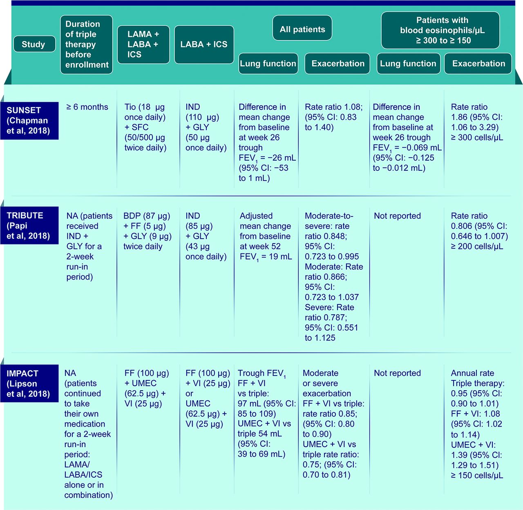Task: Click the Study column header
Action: pyautogui.click(x=34, y=44)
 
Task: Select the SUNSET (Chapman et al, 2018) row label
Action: pyautogui.click(x=29, y=121)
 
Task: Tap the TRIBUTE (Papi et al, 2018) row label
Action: pyautogui.click(x=29, y=225)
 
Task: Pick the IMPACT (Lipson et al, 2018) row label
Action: pyautogui.click(x=29, y=383)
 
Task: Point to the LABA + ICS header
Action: pyautogui.click(x=204, y=45)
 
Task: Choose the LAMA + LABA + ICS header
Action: pyautogui.click(x=143, y=45)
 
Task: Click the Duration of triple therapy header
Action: pyautogui.click(x=86, y=45)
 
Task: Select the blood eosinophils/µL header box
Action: pyautogui.click(x=440, y=30)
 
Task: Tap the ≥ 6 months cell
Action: pyautogui.click(x=87, y=107)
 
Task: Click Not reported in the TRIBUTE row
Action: pyautogui.click(x=397, y=216)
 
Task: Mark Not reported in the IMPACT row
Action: pyautogui.click(x=397, y=373)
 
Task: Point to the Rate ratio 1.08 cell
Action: pyautogui.click(x=333, y=117)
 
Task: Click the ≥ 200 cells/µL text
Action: pyautogui.click(x=477, y=246)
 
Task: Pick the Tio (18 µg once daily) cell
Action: pyautogui.click(x=145, y=127)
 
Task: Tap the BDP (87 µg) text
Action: pyautogui.click(x=147, y=216)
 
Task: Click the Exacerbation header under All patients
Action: pyautogui.click(x=337, y=63)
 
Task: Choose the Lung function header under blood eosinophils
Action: pyautogui.click(x=408, y=63)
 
